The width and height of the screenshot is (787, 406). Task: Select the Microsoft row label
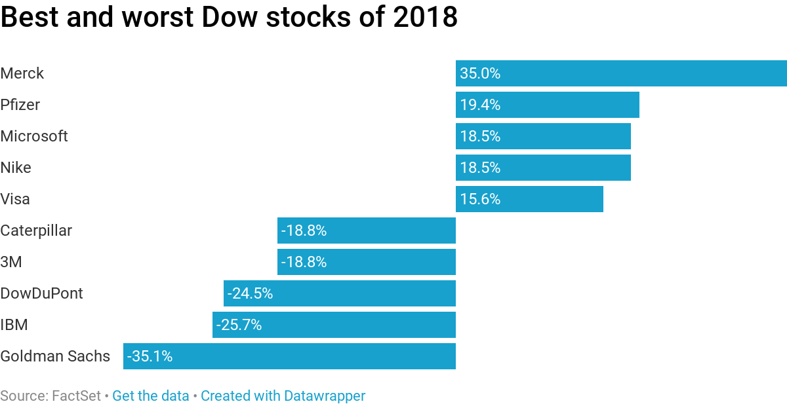(x=34, y=136)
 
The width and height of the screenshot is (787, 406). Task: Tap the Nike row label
(x=16, y=168)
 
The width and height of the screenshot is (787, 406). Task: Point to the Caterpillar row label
(x=36, y=231)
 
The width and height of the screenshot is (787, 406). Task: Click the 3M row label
(x=11, y=262)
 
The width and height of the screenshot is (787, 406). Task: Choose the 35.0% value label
(x=480, y=73)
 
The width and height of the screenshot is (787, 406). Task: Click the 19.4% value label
(x=480, y=105)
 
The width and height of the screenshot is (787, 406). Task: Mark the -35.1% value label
(x=150, y=356)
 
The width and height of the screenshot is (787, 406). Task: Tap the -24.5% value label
(x=250, y=293)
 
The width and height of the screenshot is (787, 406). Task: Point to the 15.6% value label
(x=480, y=199)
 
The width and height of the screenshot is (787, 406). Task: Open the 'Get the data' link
(x=150, y=396)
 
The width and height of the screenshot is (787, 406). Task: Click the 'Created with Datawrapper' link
(x=283, y=396)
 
